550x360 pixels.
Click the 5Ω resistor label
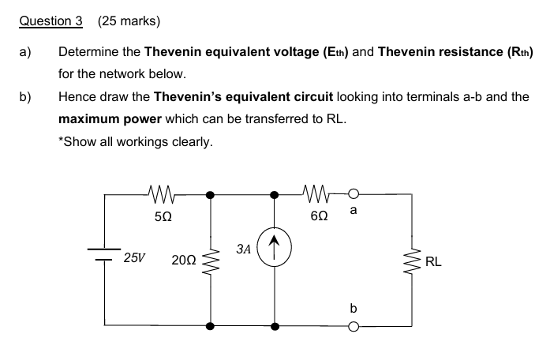click(x=162, y=214)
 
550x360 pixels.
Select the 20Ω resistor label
click(x=183, y=259)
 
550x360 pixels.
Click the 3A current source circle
click(x=275, y=245)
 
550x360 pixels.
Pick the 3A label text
click(x=243, y=248)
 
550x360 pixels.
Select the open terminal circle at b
click(x=354, y=324)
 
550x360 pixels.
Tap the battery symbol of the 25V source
click(x=105, y=253)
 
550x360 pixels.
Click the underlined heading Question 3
click(x=51, y=21)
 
